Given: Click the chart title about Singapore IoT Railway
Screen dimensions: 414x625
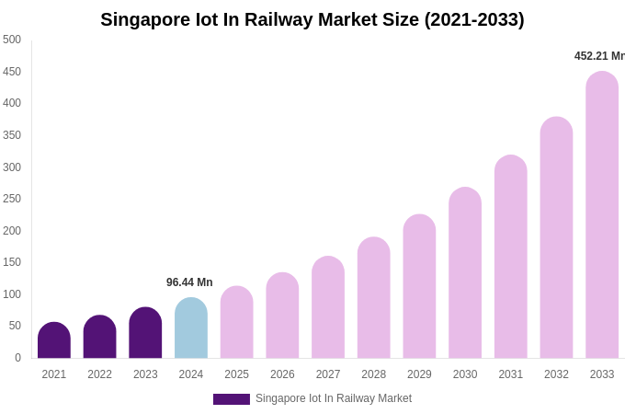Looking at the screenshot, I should [x=312, y=19].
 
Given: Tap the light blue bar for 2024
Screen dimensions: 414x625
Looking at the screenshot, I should [x=191, y=328].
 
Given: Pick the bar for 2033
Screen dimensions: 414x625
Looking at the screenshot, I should [x=602, y=215].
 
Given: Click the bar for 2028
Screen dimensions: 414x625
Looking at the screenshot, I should [x=374, y=298].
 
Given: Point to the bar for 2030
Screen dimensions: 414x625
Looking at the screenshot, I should [x=465, y=273].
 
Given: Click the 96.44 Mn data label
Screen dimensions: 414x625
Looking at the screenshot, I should [x=189, y=282].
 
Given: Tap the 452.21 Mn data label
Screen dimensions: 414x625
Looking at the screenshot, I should [x=599, y=56].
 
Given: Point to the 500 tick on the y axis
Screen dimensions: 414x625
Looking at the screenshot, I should [x=12, y=40].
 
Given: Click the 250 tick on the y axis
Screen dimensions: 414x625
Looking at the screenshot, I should [x=12, y=199].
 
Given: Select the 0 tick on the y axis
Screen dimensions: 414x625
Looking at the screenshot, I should [x=17, y=358].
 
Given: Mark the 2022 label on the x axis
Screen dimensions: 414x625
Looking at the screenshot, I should [x=99, y=374].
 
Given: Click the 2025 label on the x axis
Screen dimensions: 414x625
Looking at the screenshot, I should [x=236, y=374].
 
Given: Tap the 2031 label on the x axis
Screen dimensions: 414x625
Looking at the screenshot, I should [x=510, y=374].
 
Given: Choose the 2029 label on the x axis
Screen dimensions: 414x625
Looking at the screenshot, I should [x=419, y=374].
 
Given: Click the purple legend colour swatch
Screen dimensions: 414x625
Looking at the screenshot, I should [x=232, y=399].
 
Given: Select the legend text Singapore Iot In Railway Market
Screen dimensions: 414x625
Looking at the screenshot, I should [x=334, y=398].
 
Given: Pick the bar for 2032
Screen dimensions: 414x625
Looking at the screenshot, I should [x=556, y=238].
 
